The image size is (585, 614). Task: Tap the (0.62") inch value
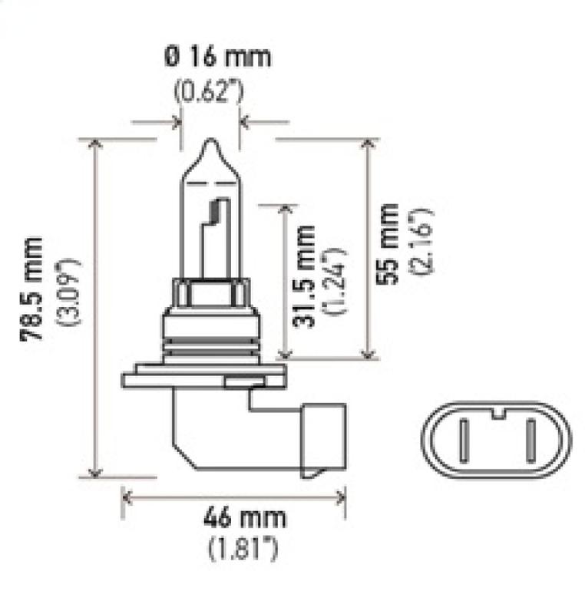(208, 92)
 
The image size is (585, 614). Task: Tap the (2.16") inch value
(421, 239)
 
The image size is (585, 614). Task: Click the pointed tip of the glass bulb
(210, 142)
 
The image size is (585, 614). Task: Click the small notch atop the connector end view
(497, 415)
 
